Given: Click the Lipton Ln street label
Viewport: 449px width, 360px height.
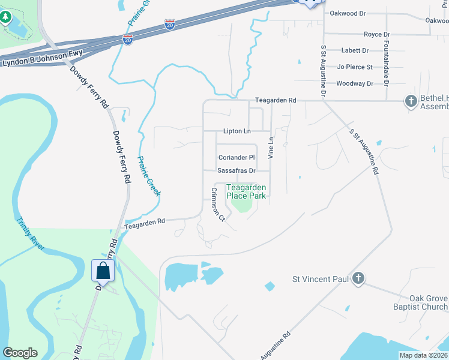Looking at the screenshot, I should click(x=237, y=131).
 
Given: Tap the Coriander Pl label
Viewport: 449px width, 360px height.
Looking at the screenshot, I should click(x=236, y=157).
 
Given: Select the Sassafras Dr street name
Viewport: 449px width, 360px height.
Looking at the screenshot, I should click(x=237, y=170).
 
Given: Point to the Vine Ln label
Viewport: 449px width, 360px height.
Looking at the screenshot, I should click(x=271, y=148).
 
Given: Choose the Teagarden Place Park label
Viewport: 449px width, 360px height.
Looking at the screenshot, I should click(x=246, y=191).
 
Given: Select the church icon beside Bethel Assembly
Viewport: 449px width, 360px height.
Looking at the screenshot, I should click(x=411, y=101).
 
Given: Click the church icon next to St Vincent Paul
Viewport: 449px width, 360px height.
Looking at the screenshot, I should click(x=358, y=278).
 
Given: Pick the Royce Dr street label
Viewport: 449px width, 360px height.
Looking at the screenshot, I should click(x=376, y=35).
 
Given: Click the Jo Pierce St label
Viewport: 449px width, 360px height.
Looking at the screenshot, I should click(x=355, y=67).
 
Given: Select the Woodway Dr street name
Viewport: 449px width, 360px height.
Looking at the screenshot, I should click(x=355, y=83).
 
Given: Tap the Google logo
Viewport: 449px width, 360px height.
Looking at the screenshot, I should click(x=20, y=353).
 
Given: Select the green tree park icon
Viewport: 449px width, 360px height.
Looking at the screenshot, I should click(x=6, y=16).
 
